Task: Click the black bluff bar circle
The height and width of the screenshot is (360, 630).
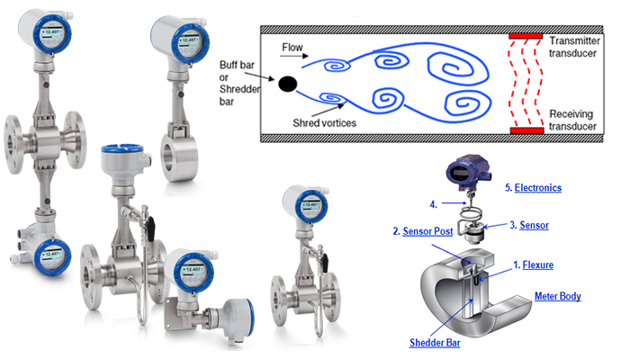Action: (x=287, y=85)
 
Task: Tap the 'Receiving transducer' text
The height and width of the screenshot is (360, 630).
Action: (x=578, y=121)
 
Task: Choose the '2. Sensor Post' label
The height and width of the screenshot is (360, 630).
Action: (x=424, y=231)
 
